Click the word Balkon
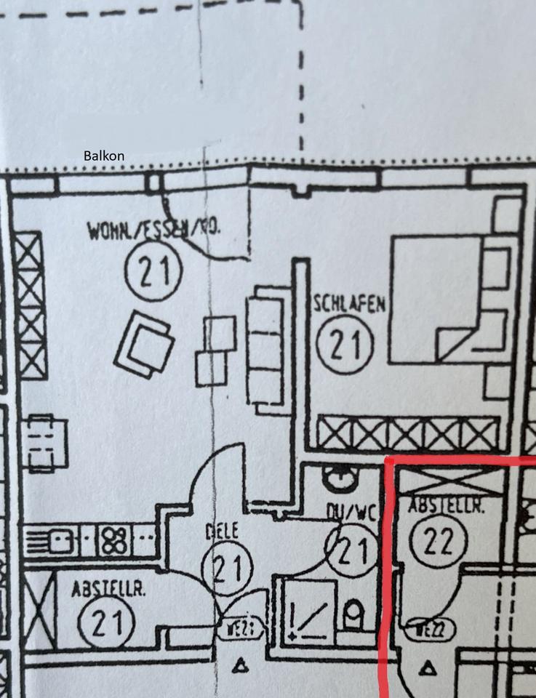click(x=104, y=156)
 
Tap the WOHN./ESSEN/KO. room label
click(x=154, y=232)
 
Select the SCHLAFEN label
click(x=349, y=304)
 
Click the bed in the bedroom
click(x=436, y=298)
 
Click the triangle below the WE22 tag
click(x=428, y=665)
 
